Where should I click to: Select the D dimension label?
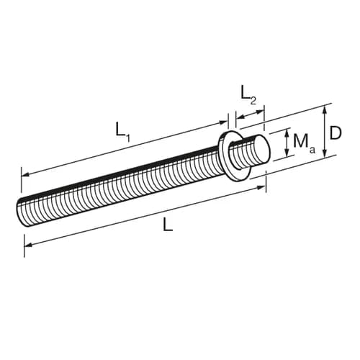335,133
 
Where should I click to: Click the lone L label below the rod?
168,224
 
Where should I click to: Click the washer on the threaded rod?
234,156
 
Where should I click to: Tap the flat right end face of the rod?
262,148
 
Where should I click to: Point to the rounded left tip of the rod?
21,211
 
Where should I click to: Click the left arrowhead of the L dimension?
29,245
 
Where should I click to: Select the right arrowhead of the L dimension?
261,187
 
